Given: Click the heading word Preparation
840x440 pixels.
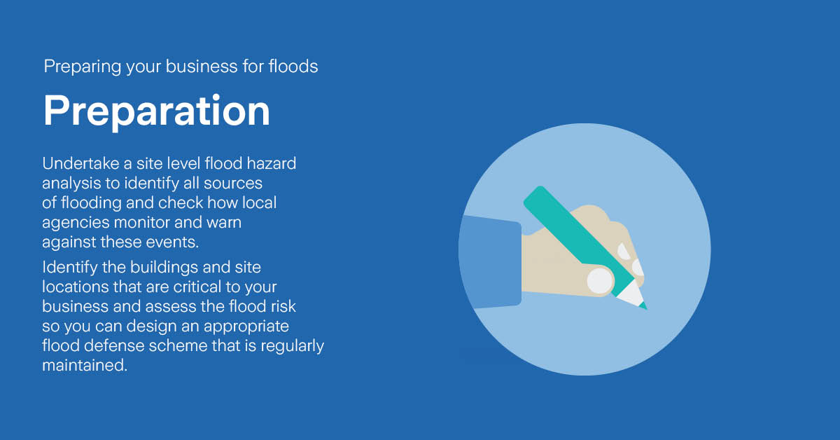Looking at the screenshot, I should (x=156, y=111).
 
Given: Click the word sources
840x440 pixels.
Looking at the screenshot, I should (x=234, y=184).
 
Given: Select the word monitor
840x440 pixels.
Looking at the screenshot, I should (x=145, y=223).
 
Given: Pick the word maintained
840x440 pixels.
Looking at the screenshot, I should (x=85, y=366).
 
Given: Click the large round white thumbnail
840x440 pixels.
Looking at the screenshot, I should (x=600, y=281).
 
